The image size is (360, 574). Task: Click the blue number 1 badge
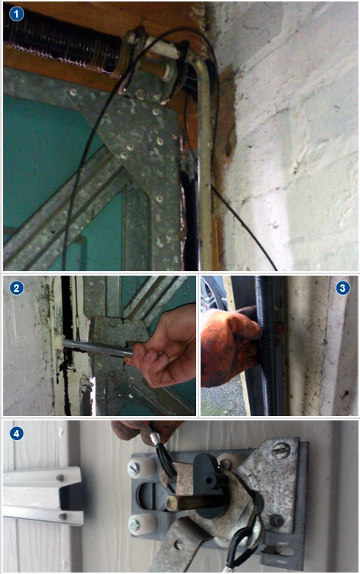[16, 14]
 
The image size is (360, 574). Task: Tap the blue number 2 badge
[16, 287]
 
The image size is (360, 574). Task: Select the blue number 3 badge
[342, 288]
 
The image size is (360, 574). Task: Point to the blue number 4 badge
[16, 434]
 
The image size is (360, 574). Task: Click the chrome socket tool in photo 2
[97, 348]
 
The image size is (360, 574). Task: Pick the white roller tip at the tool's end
[59, 343]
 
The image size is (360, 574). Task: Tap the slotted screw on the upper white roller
[133, 469]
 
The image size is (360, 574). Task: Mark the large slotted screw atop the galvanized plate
[281, 451]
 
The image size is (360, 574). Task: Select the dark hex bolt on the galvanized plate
[276, 520]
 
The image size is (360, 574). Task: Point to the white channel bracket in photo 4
[43, 496]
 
